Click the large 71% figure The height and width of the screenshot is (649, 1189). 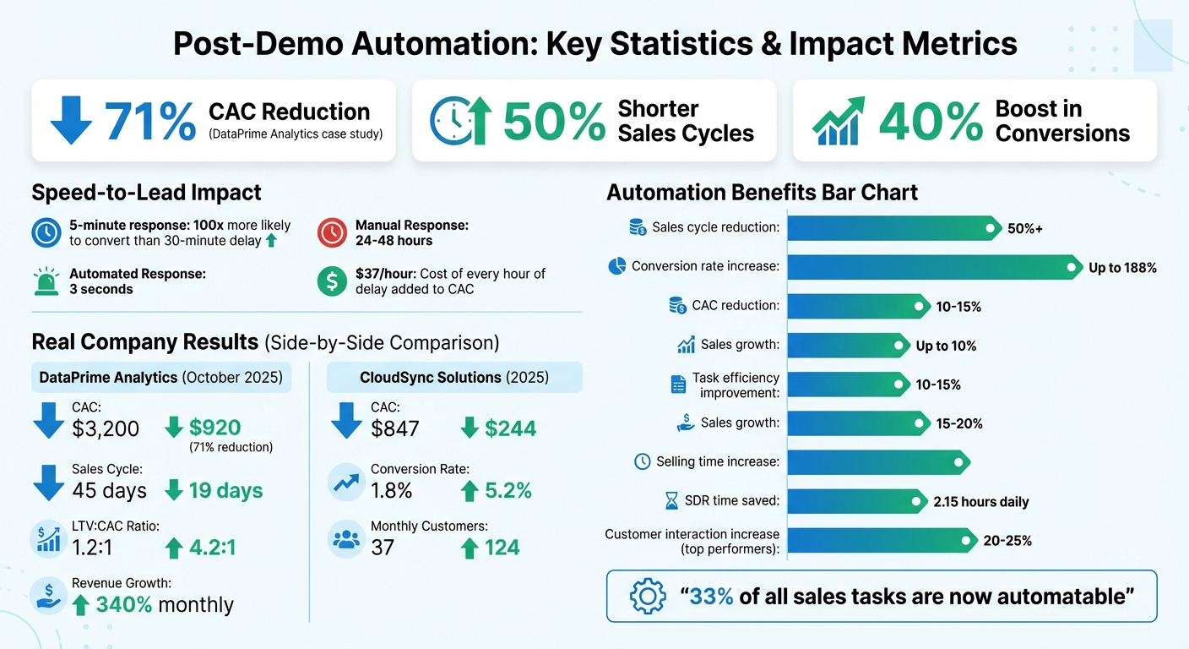pos(150,121)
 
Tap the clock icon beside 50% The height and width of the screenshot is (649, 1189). pos(450,121)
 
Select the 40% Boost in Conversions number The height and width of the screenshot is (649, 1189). pos(931,121)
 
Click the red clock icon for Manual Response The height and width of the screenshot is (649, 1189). pos(332,232)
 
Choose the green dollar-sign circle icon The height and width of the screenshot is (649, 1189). pos(332,281)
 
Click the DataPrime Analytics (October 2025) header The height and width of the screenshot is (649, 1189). pos(160,377)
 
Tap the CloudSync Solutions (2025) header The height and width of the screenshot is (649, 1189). pos(454,377)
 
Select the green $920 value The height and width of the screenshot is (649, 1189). pos(214,428)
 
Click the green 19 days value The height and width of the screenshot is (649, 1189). pos(225,490)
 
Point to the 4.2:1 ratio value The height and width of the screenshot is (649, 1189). pos(211,548)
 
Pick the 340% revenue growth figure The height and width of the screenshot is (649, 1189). pos(124,604)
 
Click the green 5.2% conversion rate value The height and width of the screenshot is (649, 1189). pos(508,490)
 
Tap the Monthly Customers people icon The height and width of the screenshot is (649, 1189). pos(346,541)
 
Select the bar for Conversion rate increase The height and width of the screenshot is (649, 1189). pos(929,267)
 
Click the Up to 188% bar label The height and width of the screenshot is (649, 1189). pos(1122,268)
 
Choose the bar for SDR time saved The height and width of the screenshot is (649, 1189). pos(853,501)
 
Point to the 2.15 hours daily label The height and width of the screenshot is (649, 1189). pos(980,502)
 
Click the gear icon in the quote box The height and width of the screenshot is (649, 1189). pos(648,597)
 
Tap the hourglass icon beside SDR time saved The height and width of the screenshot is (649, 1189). pos(671,502)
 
